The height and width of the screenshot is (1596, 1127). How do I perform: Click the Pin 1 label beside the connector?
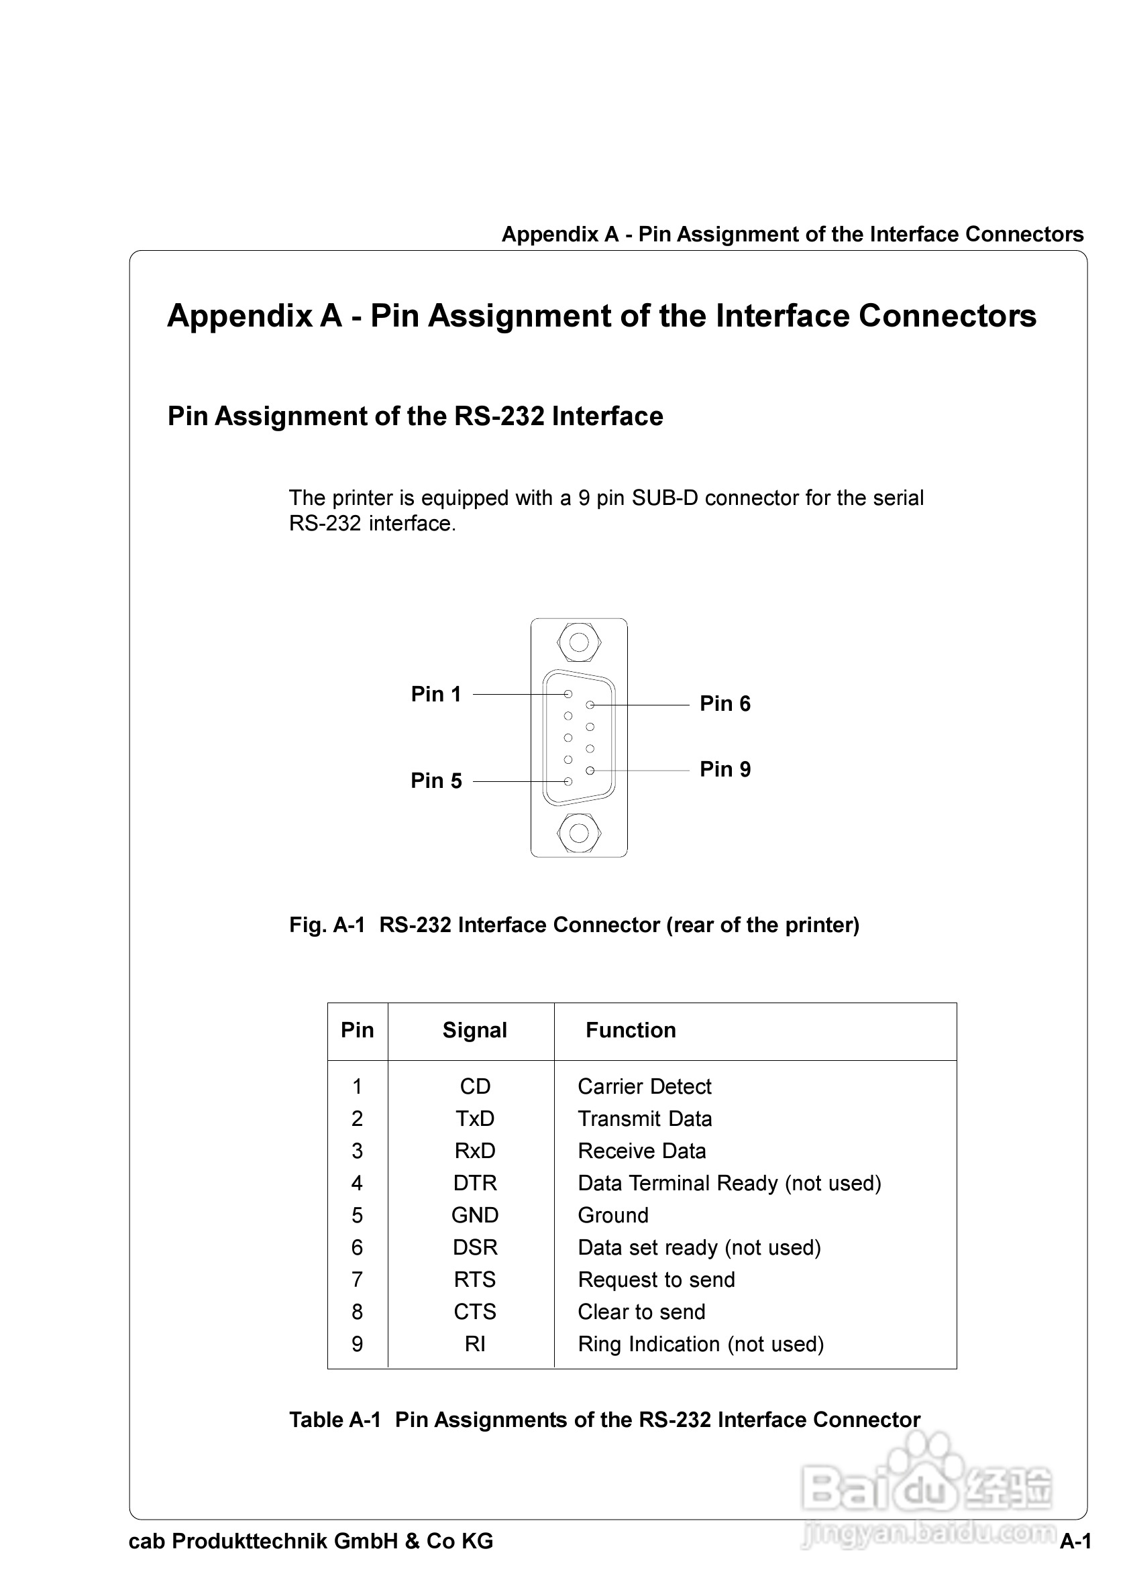[x=436, y=694]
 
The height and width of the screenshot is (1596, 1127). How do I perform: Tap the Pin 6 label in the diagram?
[x=724, y=703]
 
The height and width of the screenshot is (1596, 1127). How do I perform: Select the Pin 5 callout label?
[x=436, y=781]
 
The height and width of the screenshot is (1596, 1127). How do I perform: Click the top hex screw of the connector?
[x=578, y=642]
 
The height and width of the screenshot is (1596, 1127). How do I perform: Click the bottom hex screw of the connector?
[x=578, y=833]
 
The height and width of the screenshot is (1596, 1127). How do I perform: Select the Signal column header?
[x=475, y=1029]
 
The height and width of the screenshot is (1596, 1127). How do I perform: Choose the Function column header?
[x=631, y=1029]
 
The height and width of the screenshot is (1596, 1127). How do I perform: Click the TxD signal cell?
[x=475, y=1119]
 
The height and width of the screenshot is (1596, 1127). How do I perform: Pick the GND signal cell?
[x=475, y=1215]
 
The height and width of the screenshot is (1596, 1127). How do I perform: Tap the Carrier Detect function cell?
[x=645, y=1086]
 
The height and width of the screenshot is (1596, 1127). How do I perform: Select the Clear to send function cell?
[x=641, y=1312]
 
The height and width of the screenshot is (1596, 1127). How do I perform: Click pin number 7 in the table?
[x=358, y=1279]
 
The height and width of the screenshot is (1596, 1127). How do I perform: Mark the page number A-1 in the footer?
[x=1075, y=1541]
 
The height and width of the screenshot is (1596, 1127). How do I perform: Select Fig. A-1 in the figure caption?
[x=327, y=925]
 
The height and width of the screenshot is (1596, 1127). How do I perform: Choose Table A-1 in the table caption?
[x=335, y=1420]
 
